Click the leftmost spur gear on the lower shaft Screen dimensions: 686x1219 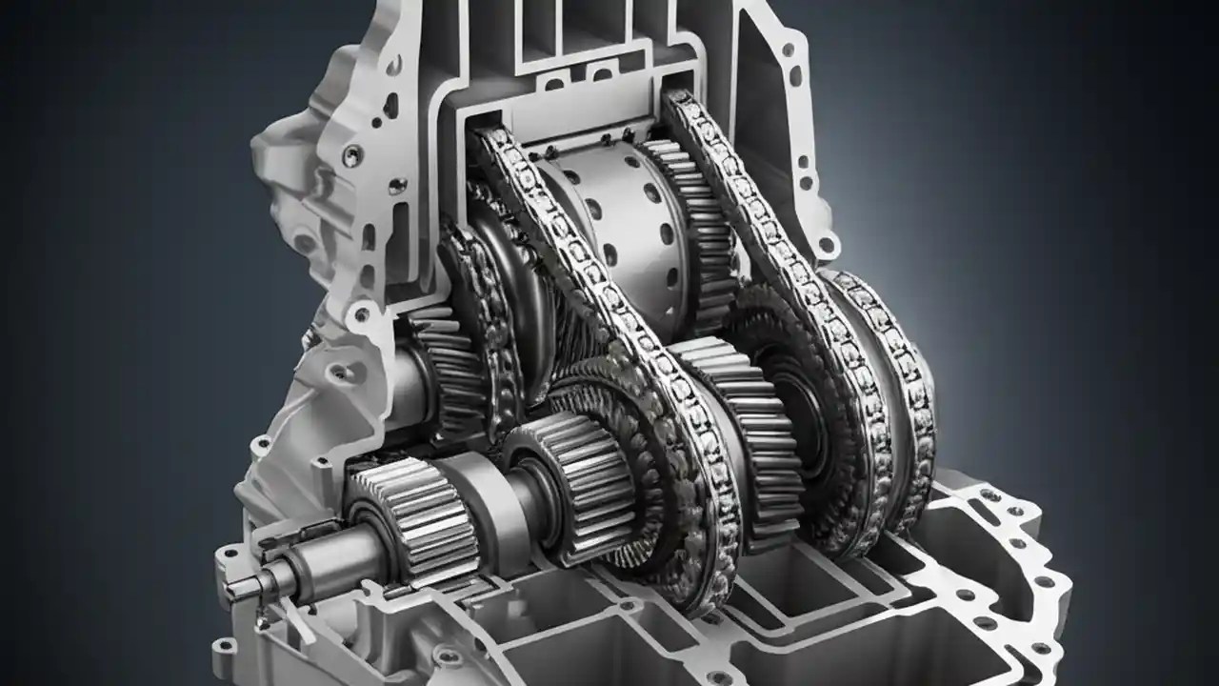[411, 510]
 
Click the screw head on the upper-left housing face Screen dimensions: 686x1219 [352, 153]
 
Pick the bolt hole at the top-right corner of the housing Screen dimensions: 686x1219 [788, 47]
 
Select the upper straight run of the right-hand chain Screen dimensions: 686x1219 [743, 181]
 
